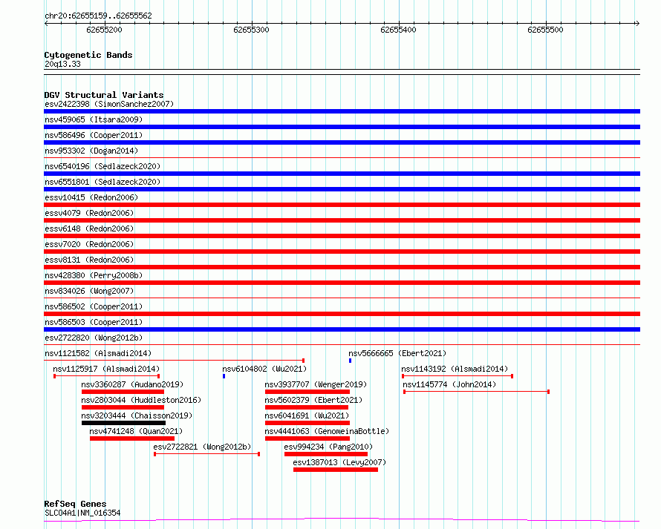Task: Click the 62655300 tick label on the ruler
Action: click(251, 30)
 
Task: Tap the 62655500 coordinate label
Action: click(545, 30)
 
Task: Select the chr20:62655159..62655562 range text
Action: click(98, 16)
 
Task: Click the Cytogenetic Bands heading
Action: click(88, 55)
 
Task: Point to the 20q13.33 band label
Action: click(63, 64)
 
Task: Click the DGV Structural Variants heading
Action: click(103, 95)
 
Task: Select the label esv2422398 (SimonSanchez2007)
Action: click(109, 104)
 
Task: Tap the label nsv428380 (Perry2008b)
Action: click(94, 275)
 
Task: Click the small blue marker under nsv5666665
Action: click(350, 361)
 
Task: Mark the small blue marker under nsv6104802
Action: click(224, 376)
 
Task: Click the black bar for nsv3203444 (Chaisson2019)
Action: click(123, 423)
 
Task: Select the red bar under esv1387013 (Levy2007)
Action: click(336, 470)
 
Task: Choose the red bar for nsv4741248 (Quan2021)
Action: click(132, 438)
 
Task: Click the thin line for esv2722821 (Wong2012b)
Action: click(206, 454)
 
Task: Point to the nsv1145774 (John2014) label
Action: click(449, 384)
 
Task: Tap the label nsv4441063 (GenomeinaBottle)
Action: click(327, 431)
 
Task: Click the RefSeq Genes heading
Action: click(75, 504)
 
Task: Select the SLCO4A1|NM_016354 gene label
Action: click(82, 513)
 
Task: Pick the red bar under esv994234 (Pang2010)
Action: click(326, 454)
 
